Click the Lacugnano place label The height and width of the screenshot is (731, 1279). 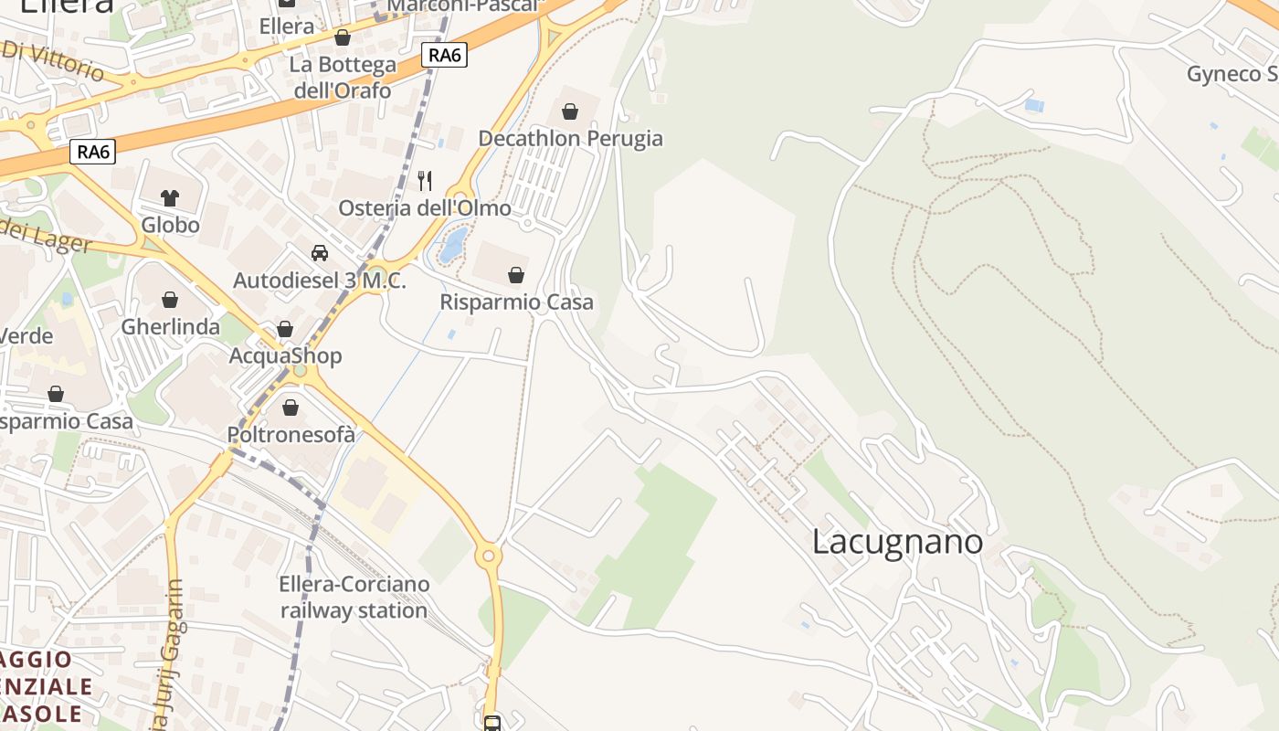[x=897, y=542]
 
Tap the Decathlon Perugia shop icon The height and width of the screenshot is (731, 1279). [x=570, y=111]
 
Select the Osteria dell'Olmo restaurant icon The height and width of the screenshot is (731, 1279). [x=424, y=181]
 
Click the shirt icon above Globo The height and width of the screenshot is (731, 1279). [x=170, y=197]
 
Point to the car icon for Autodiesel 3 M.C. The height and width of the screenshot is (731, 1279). [x=320, y=253]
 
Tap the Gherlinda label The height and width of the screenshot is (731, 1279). [x=171, y=326]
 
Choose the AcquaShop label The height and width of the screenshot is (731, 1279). [x=285, y=355]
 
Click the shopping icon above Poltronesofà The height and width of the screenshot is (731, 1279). [x=291, y=408]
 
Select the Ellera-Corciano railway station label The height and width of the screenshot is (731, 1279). [x=354, y=597]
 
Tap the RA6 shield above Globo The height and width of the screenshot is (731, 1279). [x=94, y=152]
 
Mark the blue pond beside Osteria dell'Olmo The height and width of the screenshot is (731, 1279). [x=453, y=245]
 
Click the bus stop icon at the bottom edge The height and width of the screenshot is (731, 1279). [x=492, y=724]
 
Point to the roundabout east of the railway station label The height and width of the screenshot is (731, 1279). [x=489, y=554]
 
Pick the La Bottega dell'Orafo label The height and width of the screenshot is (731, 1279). [x=343, y=78]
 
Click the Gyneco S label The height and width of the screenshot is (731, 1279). [x=1231, y=74]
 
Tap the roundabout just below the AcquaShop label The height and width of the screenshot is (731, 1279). [x=301, y=372]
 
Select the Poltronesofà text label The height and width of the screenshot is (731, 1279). [x=291, y=435]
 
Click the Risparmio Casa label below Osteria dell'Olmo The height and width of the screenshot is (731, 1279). [x=516, y=302]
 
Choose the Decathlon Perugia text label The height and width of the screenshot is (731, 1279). [x=571, y=138]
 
